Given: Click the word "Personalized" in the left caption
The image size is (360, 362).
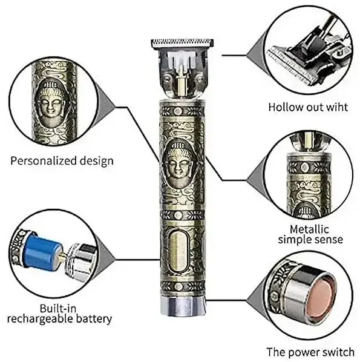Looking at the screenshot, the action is click(44, 161).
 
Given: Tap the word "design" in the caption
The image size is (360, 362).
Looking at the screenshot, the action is click(96, 161).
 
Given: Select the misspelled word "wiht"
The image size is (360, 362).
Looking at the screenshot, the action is click(336, 107).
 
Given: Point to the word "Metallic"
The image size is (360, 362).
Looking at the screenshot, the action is click(309, 229).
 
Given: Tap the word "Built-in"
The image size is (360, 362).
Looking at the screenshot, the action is click(57, 308).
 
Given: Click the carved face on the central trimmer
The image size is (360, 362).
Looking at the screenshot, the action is click(178, 164).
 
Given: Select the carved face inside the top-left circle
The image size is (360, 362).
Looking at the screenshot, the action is click(51, 102).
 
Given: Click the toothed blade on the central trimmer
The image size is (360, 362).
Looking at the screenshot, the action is click(182, 43).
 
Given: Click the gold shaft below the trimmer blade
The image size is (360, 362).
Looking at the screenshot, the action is click(182, 87).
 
